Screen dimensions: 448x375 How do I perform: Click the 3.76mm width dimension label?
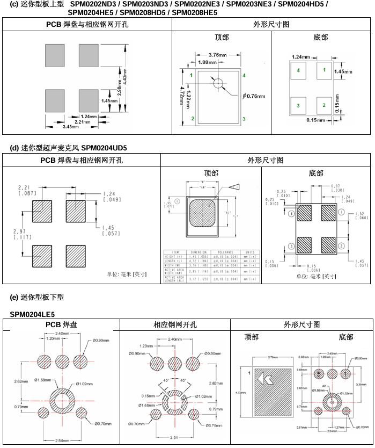tap(217, 55)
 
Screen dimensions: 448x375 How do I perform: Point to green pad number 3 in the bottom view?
tap(298, 105)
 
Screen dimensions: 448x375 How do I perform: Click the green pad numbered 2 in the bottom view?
tap(324, 105)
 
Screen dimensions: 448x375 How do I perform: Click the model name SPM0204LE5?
tap(32, 314)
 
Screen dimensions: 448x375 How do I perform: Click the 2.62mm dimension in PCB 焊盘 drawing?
tap(21, 381)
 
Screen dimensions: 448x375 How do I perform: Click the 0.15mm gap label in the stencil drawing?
tap(146, 396)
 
